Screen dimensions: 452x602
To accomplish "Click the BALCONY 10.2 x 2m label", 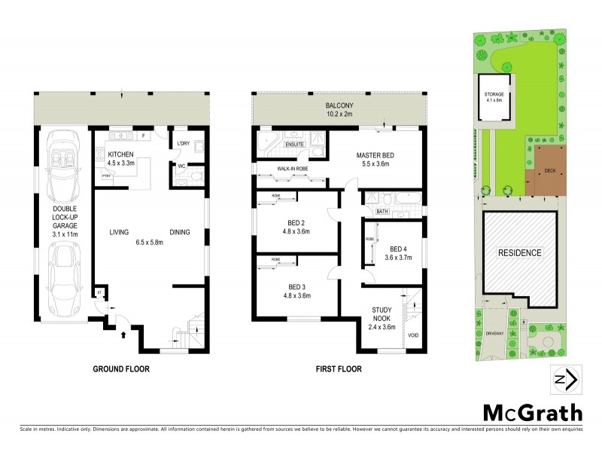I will (x=339, y=110).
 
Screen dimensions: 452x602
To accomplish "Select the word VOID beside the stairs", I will (x=412, y=334).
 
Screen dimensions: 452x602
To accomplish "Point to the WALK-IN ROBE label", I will (x=293, y=169).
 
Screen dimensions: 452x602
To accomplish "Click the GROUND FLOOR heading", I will (x=121, y=369).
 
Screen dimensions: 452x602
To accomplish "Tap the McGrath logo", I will (x=531, y=412).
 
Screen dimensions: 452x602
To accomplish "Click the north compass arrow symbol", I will (x=564, y=379).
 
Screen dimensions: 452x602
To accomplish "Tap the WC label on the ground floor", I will (x=182, y=166).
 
